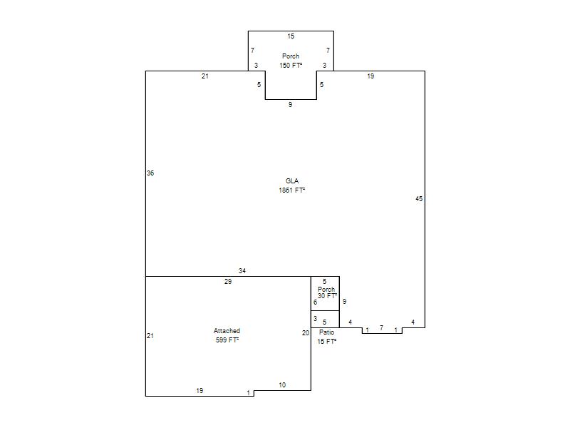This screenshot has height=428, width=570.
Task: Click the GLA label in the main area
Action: [x=292, y=181]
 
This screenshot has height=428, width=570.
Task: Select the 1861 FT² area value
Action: [x=292, y=190]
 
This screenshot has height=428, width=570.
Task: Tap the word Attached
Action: [x=227, y=331]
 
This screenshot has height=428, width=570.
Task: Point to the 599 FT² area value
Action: [x=227, y=340]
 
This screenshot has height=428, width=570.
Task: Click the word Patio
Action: [x=326, y=332]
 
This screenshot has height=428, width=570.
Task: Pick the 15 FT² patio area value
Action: [x=327, y=342]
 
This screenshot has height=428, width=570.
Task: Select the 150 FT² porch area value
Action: [x=291, y=66]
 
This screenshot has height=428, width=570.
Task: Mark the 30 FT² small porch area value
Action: [x=327, y=296]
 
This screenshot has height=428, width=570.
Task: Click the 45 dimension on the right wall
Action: [x=419, y=199]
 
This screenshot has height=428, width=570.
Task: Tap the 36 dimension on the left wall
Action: [x=150, y=173]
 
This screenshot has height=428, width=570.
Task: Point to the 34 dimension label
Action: [x=242, y=271]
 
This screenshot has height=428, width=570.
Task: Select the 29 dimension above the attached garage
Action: [x=228, y=281]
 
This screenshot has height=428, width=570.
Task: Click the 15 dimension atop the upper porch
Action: [x=291, y=36]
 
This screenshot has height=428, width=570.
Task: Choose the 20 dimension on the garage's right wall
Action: [x=306, y=332]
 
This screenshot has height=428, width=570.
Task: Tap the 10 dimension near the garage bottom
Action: [x=282, y=385]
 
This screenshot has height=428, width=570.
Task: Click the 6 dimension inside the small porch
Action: [x=315, y=302]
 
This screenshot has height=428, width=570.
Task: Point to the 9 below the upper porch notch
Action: [x=290, y=104]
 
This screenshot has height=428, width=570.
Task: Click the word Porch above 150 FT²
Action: [x=291, y=56]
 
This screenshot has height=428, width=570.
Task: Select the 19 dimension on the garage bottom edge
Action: [x=199, y=390]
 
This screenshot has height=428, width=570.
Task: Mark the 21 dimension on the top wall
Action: [x=205, y=76]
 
